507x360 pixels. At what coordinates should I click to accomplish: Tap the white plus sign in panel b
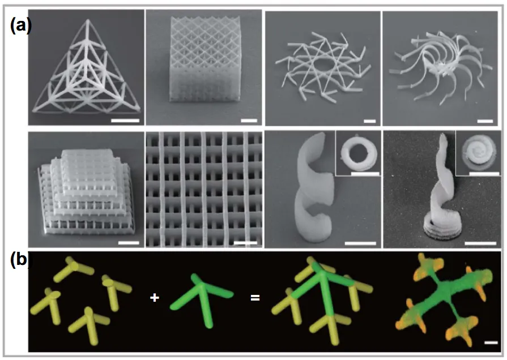[x=155, y=297]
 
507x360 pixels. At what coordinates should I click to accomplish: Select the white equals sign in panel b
[x=255, y=297]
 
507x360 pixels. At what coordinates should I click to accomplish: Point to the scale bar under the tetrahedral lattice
[x=125, y=121]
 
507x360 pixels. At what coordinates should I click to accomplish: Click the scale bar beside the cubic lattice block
[x=249, y=121]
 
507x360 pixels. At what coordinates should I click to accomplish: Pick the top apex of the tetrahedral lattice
[x=87, y=20]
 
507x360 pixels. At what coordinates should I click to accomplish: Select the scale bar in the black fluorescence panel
[x=491, y=342]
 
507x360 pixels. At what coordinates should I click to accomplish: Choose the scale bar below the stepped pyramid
[x=129, y=243]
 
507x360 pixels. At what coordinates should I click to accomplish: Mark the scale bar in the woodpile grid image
[x=245, y=242]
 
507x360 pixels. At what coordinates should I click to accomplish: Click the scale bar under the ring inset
[x=365, y=174]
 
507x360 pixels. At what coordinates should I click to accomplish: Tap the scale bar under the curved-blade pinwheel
[x=485, y=121]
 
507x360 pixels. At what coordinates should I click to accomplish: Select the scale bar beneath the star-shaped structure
[x=369, y=121]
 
